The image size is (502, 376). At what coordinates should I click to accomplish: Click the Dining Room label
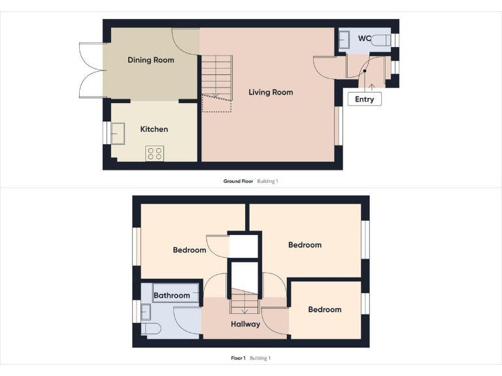(x=151, y=60)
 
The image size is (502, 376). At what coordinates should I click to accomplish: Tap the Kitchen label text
(x=154, y=129)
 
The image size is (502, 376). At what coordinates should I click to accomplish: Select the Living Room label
(x=271, y=92)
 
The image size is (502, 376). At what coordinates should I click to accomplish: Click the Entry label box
(x=365, y=99)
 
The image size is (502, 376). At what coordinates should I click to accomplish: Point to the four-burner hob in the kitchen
(x=156, y=153)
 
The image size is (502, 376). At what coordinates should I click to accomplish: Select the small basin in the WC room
(x=344, y=40)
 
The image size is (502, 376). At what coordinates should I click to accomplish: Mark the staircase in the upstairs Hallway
(x=245, y=302)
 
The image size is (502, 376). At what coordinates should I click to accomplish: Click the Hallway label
(x=245, y=324)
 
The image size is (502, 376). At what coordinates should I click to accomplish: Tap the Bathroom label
(x=171, y=296)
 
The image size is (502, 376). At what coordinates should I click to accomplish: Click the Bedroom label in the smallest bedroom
(x=325, y=309)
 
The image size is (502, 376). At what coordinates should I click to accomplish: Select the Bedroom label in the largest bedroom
(x=305, y=245)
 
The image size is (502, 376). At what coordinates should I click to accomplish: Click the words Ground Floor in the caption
(x=238, y=181)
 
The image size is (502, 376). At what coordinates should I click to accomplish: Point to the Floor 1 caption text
(x=238, y=358)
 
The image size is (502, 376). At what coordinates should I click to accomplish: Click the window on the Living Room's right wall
(x=338, y=125)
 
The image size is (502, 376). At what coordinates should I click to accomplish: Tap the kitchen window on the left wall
(x=106, y=133)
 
